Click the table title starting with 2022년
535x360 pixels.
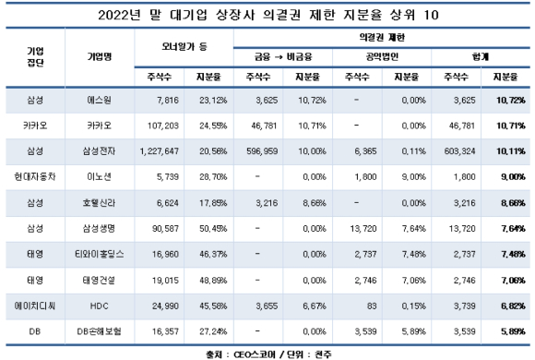tap(267, 14)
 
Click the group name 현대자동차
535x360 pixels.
tap(31, 174)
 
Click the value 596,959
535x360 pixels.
tap(257, 148)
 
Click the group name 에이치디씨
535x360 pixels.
tap(31, 302)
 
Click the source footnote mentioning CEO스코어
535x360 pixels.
tap(267, 352)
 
